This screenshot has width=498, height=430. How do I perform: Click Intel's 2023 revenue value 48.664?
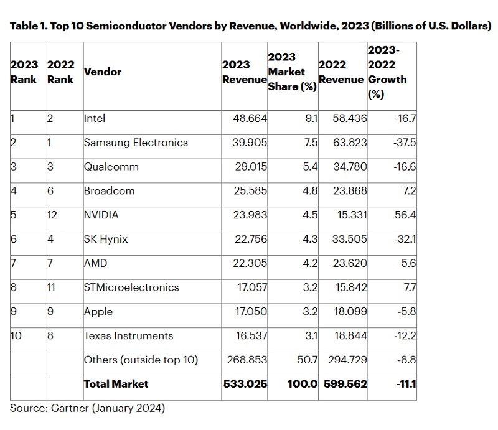(250, 118)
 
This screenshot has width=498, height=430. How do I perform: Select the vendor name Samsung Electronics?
(136, 143)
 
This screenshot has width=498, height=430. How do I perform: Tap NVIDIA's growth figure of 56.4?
(405, 215)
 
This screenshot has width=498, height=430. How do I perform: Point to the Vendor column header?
(103, 72)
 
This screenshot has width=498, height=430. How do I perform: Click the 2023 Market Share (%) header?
(292, 72)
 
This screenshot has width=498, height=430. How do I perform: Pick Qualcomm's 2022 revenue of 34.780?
(350, 167)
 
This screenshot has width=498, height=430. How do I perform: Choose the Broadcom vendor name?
(110, 191)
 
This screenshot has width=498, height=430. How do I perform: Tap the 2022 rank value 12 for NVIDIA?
(52, 215)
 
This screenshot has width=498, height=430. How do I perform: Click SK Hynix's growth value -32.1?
(405, 239)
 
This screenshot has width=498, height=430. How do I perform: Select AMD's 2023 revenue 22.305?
(250, 263)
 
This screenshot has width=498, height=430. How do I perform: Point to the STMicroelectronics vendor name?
(131, 287)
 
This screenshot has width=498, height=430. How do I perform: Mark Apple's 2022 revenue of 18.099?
(350, 312)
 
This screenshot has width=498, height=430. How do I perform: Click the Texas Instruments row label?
(129, 335)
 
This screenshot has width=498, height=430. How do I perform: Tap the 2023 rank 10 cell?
(16, 335)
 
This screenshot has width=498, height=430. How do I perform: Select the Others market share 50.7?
(308, 360)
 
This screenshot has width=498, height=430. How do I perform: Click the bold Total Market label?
(116, 384)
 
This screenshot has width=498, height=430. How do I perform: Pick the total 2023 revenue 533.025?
(245, 384)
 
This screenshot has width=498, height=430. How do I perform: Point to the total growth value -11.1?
(406, 384)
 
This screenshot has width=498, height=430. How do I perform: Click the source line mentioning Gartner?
(87, 408)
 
